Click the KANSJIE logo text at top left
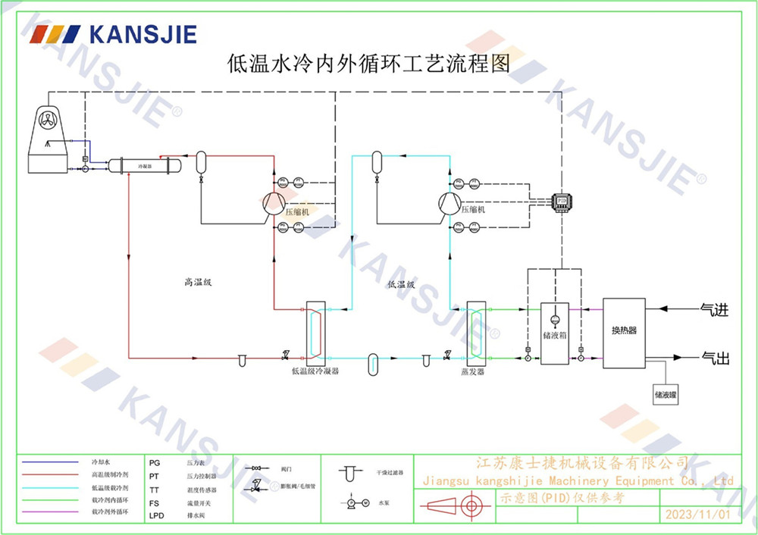point(143,35)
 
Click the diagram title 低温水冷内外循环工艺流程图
point(368,62)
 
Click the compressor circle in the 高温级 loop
point(271,202)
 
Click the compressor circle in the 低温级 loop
point(449,202)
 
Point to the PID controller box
point(562,202)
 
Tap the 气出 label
point(714,358)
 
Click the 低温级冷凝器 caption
point(315,372)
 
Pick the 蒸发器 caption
point(472,372)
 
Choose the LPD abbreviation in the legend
point(156,515)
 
